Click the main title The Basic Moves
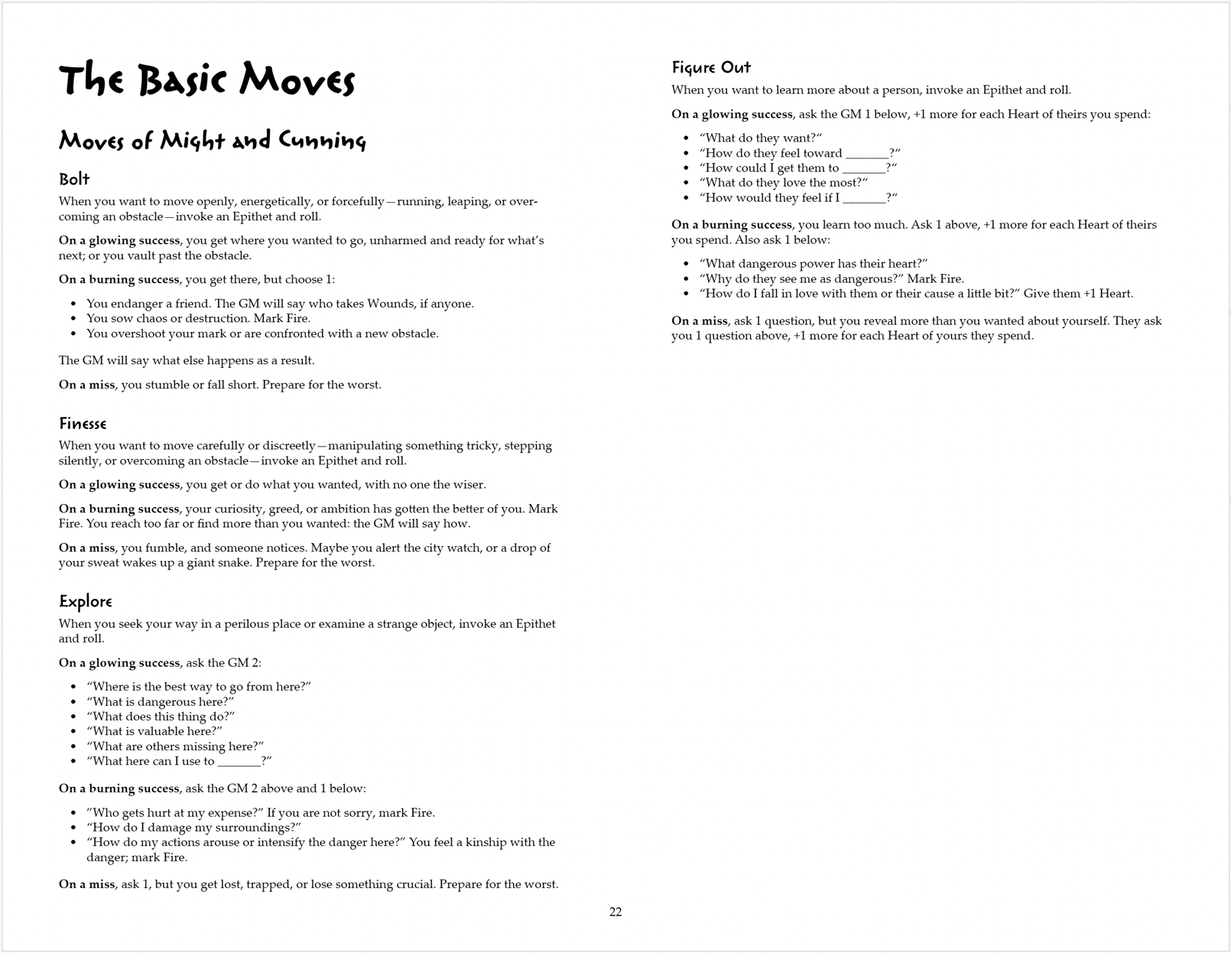206,80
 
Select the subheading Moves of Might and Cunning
213,141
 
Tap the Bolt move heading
74,180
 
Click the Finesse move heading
83,424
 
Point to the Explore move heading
86,602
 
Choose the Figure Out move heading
711,68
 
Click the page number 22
615,912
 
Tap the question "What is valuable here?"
154,731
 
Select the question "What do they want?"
761,138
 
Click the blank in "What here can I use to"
239,762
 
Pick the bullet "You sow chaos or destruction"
198,318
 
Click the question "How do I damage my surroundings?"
194,828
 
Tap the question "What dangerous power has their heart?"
814,264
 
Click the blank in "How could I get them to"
863,168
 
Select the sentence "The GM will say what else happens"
187,360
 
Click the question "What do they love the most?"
784,183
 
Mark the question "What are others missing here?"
175,746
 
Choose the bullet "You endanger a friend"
280,304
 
